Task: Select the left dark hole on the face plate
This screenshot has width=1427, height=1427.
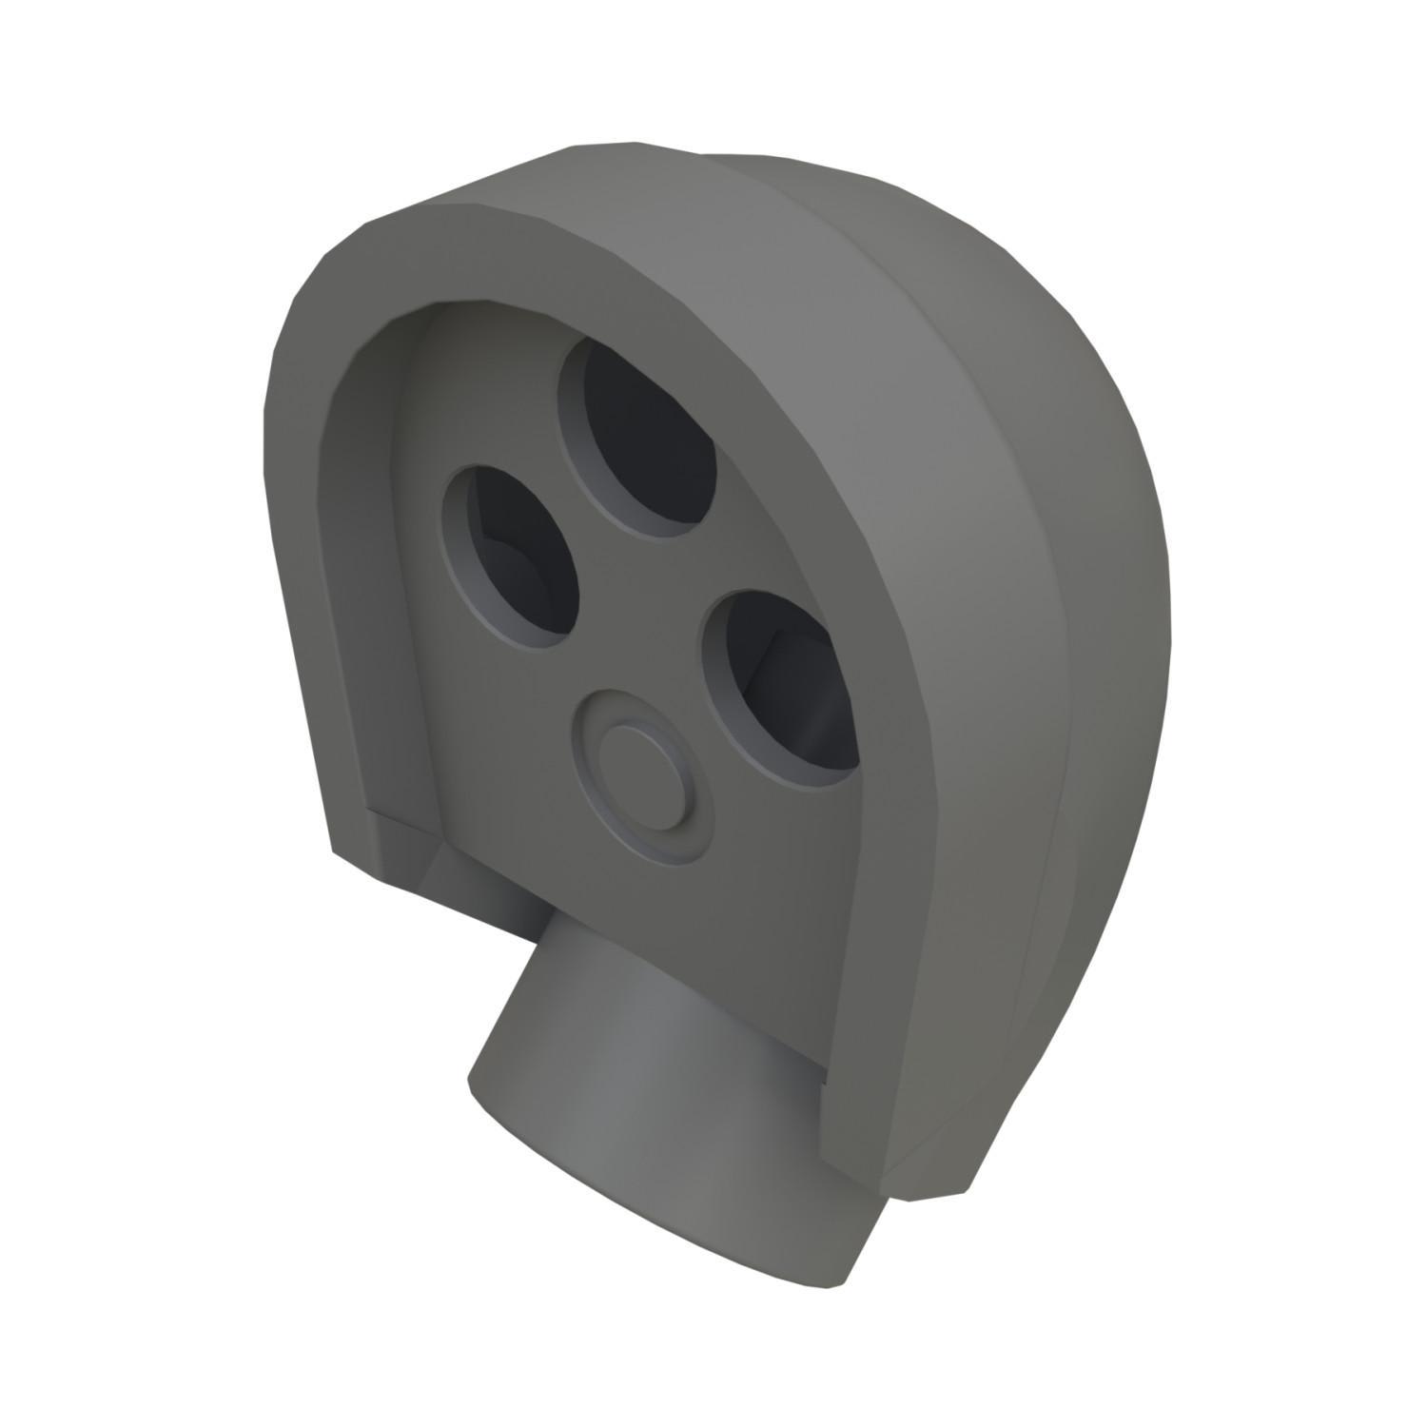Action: point(518,557)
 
